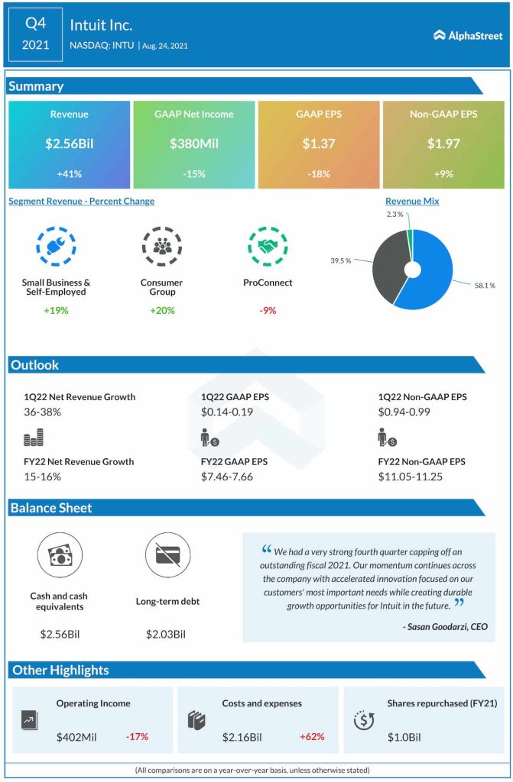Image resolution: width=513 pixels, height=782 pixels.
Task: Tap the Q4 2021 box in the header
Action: tap(35, 34)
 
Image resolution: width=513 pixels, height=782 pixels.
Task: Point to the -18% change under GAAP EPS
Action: tap(319, 174)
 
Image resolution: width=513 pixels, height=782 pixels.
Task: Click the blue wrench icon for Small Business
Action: tap(56, 246)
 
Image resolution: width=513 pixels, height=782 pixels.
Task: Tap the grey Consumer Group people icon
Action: tap(162, 246)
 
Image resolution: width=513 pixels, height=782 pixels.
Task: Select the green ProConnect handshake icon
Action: tap(268, 246)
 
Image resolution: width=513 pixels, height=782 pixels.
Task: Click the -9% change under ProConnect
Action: tap(268, 310)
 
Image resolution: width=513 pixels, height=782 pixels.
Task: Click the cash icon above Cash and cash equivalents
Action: tap(59, 554)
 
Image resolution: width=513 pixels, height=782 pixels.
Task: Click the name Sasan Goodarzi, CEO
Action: tap(444, 627)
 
